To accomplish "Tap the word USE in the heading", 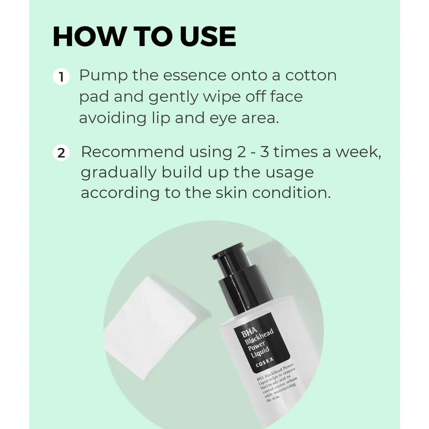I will [x=208, y=37].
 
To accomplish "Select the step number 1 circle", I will [x=61, y=77].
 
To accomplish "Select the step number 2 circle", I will [x=61, y=153].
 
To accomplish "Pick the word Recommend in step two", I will [x=132, y=152].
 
